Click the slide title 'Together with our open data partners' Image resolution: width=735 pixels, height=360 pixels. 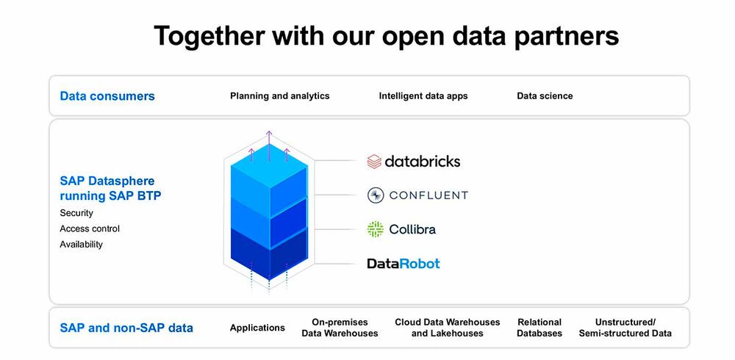point(386,35)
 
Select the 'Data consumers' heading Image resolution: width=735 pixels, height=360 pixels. point(107,96)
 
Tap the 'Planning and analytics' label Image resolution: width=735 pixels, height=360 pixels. point(279,96)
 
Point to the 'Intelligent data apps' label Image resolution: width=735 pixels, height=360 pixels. point(423,96)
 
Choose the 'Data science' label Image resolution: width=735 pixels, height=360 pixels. point(545,96)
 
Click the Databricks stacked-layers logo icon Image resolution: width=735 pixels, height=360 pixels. point(374,161)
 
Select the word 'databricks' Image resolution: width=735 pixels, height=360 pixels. point(423,161)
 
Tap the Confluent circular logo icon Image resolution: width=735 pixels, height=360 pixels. point(376,195)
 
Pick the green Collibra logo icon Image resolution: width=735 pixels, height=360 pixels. point(376,228)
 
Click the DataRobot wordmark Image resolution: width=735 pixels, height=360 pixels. point(404,263)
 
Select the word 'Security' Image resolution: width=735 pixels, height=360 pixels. point(76,213)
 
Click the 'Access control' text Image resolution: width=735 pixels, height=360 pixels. point(90,228)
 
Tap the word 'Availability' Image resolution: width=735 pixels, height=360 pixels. point(81,245)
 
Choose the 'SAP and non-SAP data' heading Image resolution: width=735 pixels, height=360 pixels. point(126,328)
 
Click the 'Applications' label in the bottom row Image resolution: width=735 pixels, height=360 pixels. point(257,328)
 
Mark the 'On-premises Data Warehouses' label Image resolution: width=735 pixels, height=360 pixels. point(340,328)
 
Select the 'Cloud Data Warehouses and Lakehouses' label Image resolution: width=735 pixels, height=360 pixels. point(447,328)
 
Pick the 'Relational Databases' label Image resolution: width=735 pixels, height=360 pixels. point(539,328)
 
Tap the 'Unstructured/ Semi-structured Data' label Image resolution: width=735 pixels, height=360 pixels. point(625,328)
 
